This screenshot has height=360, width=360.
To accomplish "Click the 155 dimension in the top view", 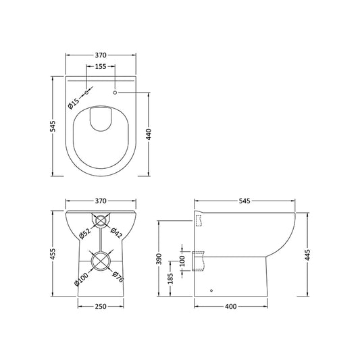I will pos(100,67).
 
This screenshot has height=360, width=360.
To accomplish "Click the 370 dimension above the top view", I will pos(100,53).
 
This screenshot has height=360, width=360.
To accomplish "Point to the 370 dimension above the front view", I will pos(100,201).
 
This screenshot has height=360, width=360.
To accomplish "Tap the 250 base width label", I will pos(100,307).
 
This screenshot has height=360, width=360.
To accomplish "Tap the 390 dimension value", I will pos(159,259).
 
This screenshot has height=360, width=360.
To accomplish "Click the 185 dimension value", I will pos(170,277).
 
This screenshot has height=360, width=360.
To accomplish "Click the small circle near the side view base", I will pos(211,291).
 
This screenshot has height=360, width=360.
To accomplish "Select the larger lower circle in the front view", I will pos(100,262).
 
